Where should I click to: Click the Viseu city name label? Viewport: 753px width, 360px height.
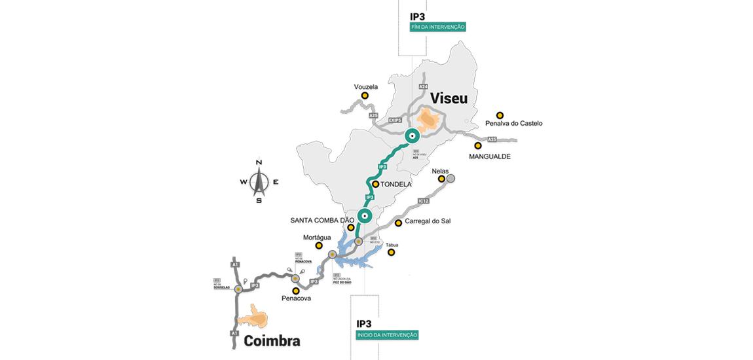(x=449, y=99)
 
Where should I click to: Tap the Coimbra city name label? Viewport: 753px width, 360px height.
(x=272, y=341)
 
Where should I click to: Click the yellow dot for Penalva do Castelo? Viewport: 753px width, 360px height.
(x=500, y=115)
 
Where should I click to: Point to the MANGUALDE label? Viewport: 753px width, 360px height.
(x=490, y=157)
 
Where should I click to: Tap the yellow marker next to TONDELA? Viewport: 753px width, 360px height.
(x=376, y=185)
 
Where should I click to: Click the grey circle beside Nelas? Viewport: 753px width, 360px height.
(x=450, y=178)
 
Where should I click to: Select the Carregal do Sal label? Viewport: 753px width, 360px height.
(x=428, y=221)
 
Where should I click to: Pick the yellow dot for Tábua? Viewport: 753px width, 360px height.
(x=391, y=252)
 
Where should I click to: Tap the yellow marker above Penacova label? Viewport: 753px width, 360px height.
(x=296, y=291)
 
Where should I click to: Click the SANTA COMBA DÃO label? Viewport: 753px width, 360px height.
(x=321, y=220)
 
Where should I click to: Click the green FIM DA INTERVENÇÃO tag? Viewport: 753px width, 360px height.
(x=438, y=27)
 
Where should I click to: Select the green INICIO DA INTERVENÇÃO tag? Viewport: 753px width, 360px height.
(x=387, y=334)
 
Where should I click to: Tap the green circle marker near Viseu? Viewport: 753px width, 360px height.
(x=412, y=136)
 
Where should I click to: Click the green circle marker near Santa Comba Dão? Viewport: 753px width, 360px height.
(x=365, y=215)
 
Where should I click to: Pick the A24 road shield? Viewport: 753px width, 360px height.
(x=422, y=86)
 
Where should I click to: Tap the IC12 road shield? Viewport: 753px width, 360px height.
(x=423, y=200)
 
